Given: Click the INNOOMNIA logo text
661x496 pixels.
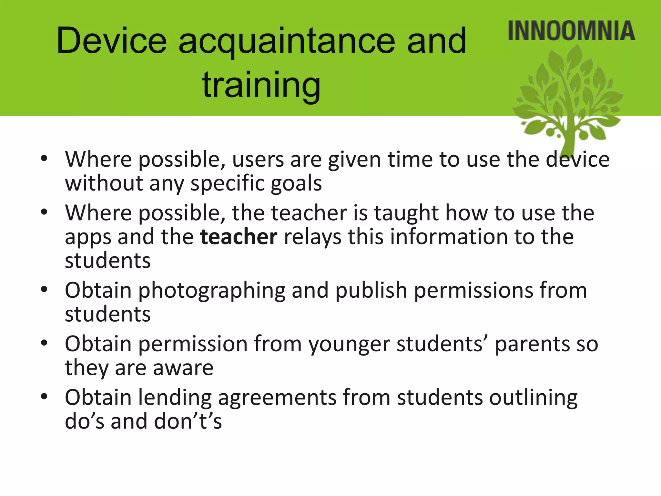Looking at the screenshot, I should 571,31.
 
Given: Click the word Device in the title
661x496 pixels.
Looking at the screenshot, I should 112,41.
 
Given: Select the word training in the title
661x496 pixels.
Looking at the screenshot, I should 261,85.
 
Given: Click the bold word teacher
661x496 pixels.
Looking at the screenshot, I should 239,237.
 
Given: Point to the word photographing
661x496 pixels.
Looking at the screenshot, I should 212,290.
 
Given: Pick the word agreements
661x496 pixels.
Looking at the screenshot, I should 277,397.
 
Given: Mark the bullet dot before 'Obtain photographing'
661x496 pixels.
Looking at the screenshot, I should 44,289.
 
